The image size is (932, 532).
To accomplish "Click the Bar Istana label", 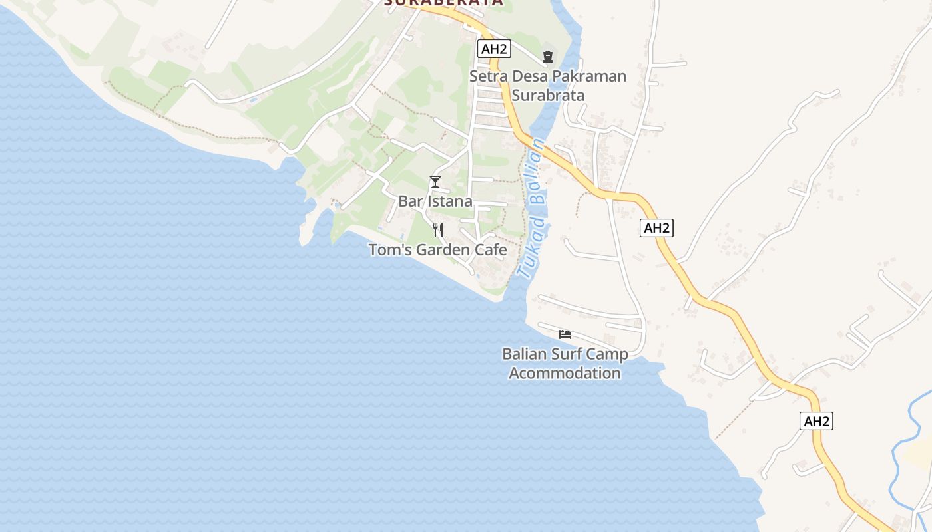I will click(435, 201).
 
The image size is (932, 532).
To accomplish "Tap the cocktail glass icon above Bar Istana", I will click(435, 181).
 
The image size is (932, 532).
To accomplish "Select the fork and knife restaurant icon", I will click(438, 230).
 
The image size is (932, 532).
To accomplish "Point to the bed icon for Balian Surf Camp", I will click(565, 334).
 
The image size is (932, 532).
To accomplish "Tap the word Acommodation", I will click(565, 373).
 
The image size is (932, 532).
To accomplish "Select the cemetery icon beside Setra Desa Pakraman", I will click(548, 57).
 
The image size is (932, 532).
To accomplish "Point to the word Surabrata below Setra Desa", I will click(549, 95).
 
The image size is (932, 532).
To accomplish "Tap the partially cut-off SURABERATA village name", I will click(443, 3).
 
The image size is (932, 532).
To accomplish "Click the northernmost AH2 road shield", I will click(494, 49).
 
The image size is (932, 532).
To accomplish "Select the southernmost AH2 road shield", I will click(816, 421).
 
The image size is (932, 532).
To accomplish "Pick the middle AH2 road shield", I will click(657, 228).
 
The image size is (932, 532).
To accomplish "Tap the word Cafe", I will click(491, 251).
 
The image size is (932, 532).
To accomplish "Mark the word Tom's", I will click(387, 251).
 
